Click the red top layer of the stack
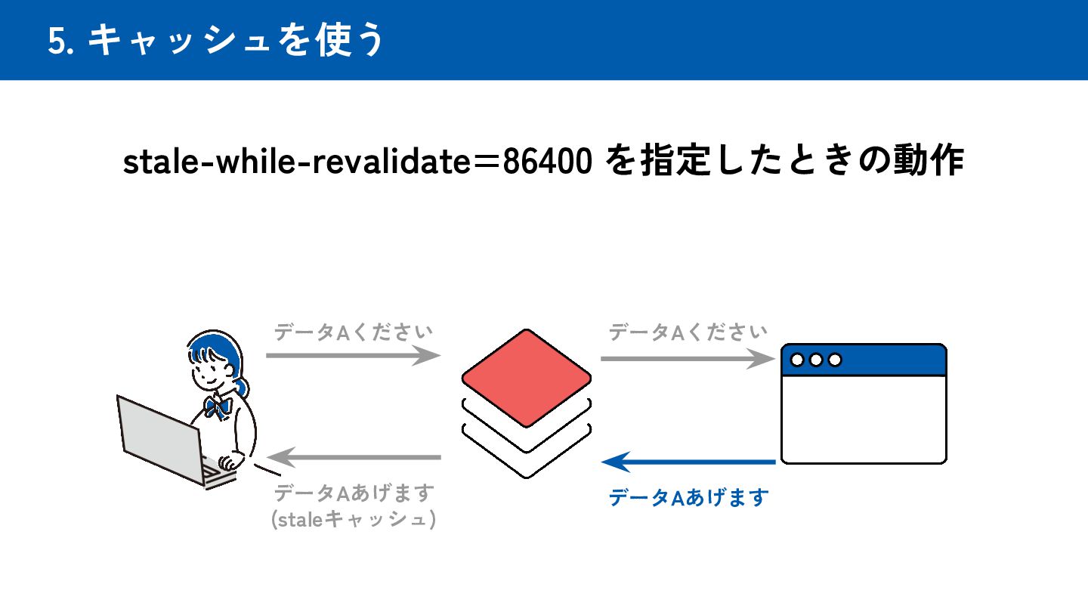tap(527, 378)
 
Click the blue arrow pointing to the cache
tap(688, 461)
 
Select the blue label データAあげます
tap(688, 498)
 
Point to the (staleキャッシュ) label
tap(353, 521)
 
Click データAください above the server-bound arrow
tap(688, 332)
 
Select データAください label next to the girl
tap(353, 332)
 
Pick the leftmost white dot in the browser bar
tap(797, 360)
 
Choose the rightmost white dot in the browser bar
tap(835, 360)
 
